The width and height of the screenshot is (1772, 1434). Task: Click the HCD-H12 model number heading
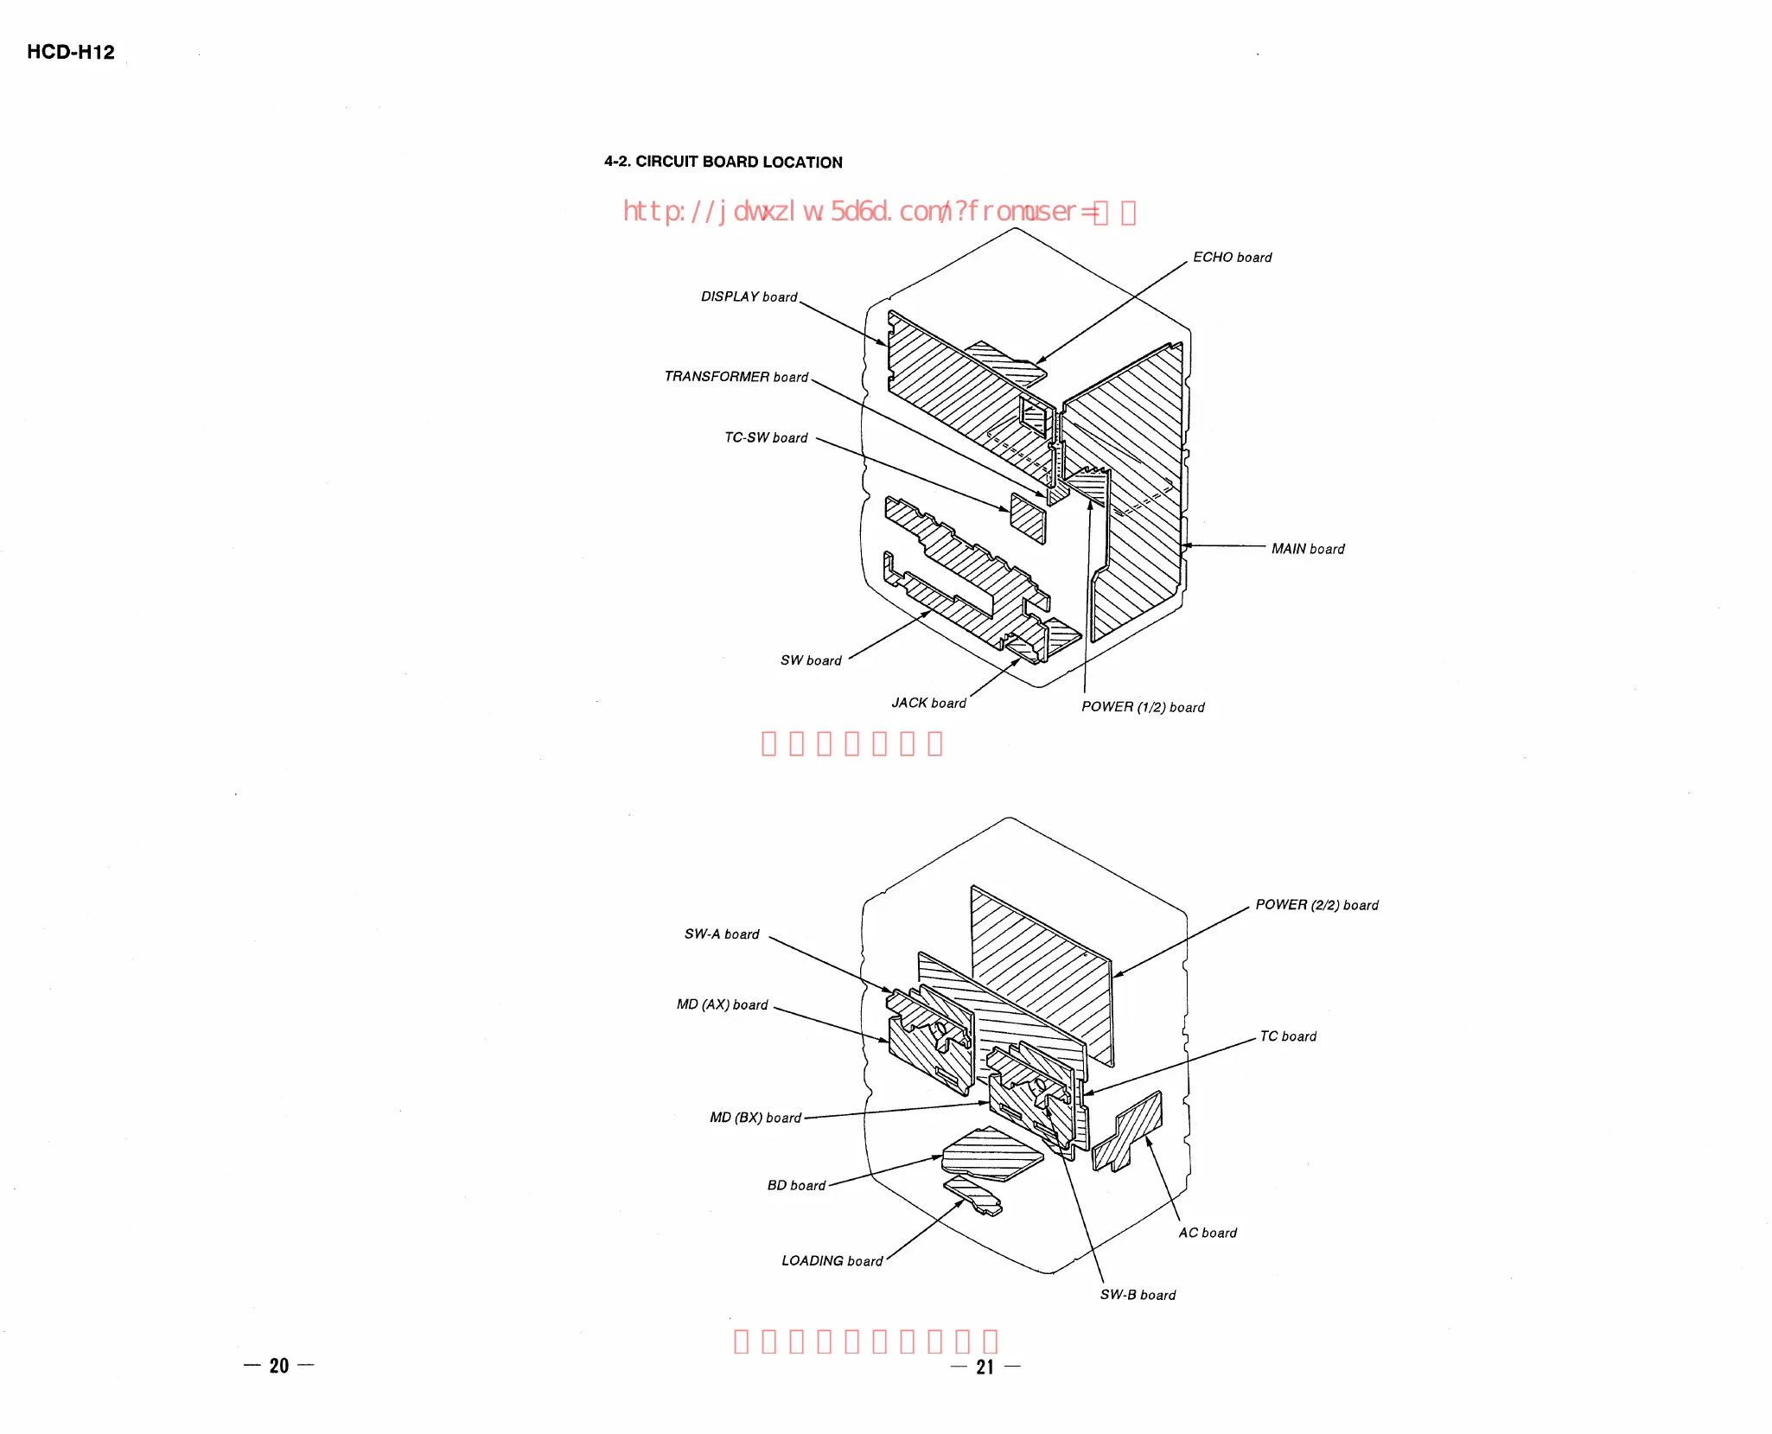(x=70, y=52)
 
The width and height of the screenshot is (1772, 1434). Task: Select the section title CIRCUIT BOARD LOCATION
(x=723, y=162)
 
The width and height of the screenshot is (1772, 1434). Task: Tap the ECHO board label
(x=1232, y=258)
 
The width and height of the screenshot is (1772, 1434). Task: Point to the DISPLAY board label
(x=749, y=296)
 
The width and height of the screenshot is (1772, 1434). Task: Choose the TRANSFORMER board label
(x=736, y=377)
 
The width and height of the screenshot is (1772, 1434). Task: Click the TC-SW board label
(x=766, y=438)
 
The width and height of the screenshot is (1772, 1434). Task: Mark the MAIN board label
(x=1308, y=549)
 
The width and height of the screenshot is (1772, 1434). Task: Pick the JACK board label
(x=928, y=704)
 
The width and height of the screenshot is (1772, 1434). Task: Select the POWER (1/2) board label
(x=1143, y=707)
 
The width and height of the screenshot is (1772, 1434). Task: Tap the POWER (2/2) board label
(x=1316, y=905)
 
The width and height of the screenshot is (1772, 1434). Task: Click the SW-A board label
(x=722, y=934)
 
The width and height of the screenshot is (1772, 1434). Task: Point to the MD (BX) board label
(x=755, y=1118)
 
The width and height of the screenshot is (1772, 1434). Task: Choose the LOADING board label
(x=832, y=1261)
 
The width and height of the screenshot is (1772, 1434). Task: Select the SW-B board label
(x=1138, y=1295)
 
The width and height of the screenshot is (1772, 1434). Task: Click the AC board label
(x=1208, y=1233)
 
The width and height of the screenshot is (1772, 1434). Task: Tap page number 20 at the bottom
(x=278, y=1366)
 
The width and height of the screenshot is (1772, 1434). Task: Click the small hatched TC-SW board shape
(x=1028, y=518)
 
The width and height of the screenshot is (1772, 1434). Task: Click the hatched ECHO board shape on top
(x=1008, y=363)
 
